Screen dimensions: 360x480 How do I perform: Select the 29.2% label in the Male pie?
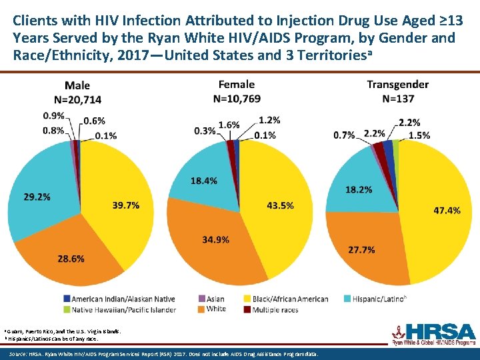(37, 197)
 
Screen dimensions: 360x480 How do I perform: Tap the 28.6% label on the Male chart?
(71, 257)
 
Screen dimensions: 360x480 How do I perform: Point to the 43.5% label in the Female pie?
(280, 205)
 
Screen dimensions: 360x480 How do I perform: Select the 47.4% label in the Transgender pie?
(447, 210)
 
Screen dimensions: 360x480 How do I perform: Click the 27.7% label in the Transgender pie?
(361, 249)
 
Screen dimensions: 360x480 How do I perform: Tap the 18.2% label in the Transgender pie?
(359, 190)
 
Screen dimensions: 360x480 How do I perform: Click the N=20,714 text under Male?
(77, 99)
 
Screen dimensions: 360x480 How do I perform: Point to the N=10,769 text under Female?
(237, 98)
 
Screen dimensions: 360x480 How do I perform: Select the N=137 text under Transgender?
(398, 99)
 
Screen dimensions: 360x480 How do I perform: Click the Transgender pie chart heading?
(397, 85)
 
